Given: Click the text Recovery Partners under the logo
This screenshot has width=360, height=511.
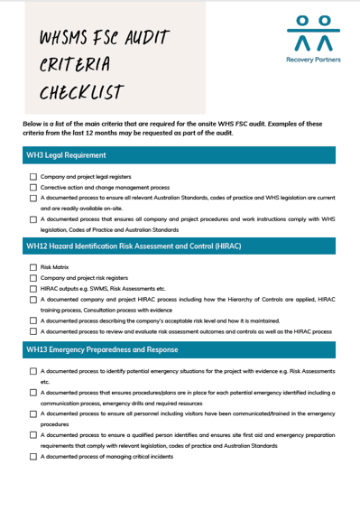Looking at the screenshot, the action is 313,62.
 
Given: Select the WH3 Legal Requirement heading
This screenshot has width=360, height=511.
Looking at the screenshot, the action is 66,155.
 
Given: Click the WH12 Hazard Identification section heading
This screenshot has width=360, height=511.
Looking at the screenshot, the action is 133,246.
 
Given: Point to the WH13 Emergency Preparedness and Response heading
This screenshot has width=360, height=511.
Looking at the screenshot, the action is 102,349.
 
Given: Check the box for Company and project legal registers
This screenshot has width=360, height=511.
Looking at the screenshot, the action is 33,177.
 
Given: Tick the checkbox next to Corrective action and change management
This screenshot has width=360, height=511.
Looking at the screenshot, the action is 33,187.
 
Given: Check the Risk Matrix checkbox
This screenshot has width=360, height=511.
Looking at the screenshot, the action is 33,267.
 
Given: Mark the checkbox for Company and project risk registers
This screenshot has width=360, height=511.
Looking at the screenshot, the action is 33,278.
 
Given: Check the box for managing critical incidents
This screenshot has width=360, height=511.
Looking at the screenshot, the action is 33,456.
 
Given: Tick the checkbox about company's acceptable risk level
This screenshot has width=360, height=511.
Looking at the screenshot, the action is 33,320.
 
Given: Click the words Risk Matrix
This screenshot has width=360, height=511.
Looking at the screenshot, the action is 54,267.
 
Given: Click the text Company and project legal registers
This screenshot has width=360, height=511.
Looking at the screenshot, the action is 86,177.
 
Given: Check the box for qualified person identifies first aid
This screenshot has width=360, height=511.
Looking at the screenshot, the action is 33,435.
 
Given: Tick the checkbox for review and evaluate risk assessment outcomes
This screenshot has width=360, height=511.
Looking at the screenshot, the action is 33,330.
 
